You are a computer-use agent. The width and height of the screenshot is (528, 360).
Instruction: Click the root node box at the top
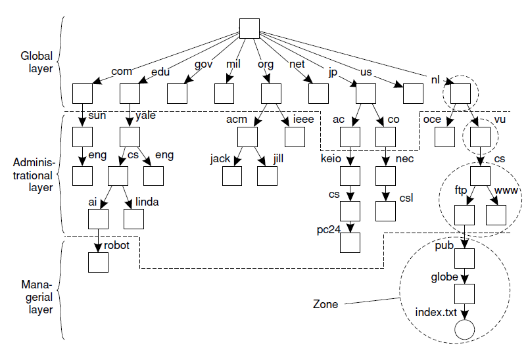(249, 30)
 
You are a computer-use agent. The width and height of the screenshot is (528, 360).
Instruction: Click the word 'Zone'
(325, 305)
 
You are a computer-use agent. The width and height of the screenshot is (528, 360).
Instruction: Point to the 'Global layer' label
(37, 64)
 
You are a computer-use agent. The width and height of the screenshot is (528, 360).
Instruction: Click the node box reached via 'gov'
(178, 94)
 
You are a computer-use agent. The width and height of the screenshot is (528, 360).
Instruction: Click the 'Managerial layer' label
(36, 297)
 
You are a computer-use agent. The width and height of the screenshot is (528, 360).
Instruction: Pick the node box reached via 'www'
(495, 214)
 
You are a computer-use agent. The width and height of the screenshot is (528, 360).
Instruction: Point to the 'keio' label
(331, 159)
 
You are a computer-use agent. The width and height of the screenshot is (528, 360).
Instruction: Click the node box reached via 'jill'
(267, 176)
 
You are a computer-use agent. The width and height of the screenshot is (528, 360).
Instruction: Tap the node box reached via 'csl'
(385, 210)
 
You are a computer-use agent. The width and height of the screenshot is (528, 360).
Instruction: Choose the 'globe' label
(444, 277)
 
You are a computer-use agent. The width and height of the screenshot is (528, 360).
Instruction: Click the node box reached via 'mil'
(225, 94)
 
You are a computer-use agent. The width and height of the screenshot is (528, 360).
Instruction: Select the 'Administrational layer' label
(36, 173)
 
